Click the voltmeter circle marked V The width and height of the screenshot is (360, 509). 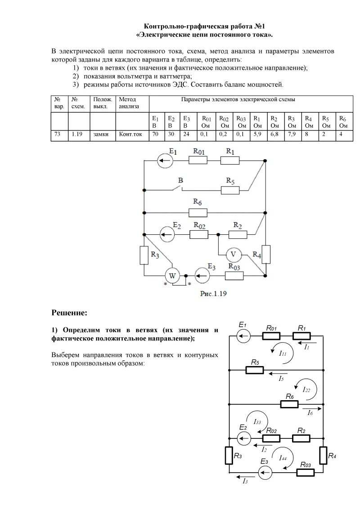[x=233, y=254]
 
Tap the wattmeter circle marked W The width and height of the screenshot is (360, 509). [x=171, y=275]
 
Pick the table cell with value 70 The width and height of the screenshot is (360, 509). [x=155, y=134]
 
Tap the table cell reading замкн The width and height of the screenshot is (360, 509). [x=102, y=134]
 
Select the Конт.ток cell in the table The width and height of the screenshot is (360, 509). [x=131, y=134]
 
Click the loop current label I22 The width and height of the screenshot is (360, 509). [x=306, y=389]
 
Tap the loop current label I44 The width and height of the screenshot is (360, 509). [x=283, y=458]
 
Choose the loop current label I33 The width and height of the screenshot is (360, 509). [x=257, y=422]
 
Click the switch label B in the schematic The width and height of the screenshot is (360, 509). [x=180, y=180]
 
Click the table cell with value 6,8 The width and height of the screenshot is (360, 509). [x=274, y=134]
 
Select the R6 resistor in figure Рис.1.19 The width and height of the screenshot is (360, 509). [x=198, y=212]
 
